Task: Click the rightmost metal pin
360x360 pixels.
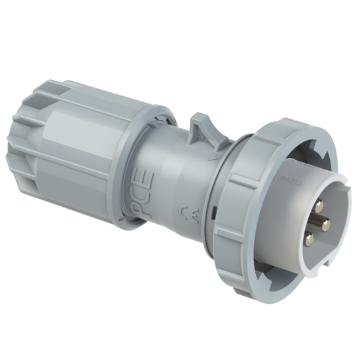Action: tap(325, 225)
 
